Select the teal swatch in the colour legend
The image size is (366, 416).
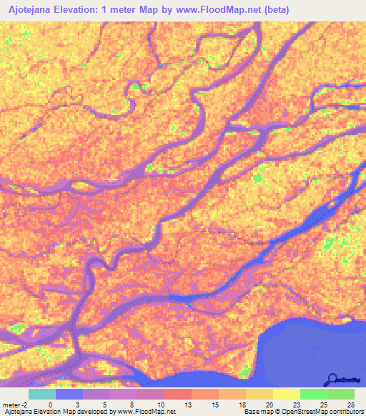(42, 394)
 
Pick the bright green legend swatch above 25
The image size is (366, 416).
(314, 394)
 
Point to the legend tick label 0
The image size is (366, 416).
(50, 405)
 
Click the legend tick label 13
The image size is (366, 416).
(187, 405)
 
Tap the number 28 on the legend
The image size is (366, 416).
(350, 405)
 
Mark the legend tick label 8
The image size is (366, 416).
(132, 405)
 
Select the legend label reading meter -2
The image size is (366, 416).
(14, 405)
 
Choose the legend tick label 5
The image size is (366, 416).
(104, 405)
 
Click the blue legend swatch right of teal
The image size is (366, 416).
(69, 394)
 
